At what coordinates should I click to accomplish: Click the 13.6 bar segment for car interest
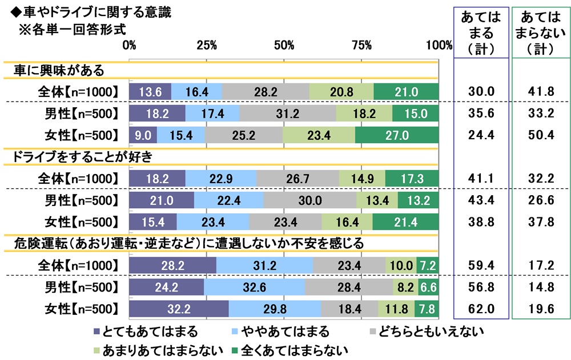click(x=151, y=91)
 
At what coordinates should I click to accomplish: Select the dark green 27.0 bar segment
click(x=397, y=135)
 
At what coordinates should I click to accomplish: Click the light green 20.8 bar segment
click(x=341, y=91)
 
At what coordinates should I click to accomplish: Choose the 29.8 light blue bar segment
click(x=275, y=309)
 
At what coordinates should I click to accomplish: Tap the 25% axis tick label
click(x=206, y=45)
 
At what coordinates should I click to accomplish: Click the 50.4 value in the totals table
click(x=541, y=135)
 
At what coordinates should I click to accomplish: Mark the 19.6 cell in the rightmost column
click(x=541, y=309)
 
